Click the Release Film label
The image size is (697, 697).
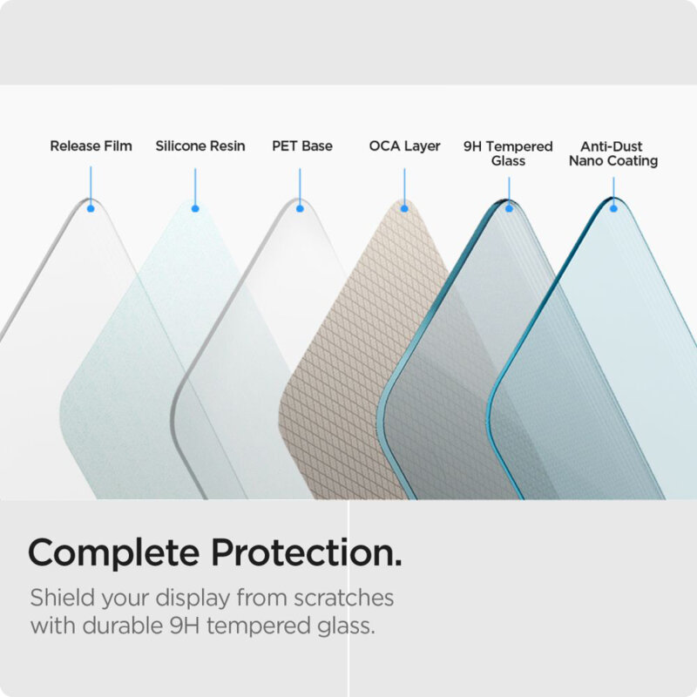pos(91,146)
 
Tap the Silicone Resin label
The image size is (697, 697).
pos(200,146)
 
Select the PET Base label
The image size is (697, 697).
pos(302,146)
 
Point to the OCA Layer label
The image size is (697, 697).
pos(404,146)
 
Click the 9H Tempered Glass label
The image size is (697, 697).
pos(508,153)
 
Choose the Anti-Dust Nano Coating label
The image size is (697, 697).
pos(613,153)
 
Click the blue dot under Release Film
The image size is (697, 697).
pos(91,208)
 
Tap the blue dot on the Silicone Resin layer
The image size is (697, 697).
pos(195,208)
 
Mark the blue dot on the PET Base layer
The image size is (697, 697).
pos(300,208)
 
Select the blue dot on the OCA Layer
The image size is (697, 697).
pos(404,208)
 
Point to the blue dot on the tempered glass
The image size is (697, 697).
pos(509,208)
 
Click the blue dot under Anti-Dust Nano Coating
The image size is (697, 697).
pos(613,208)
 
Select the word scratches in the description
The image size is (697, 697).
pos(341,599)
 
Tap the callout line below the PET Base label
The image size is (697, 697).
pos(300,186)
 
